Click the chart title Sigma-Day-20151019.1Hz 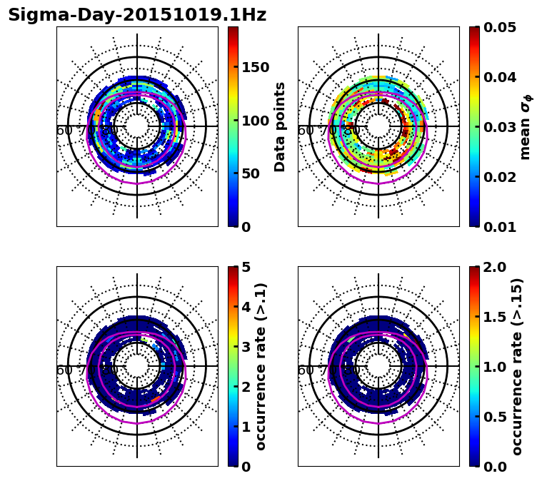pyautogui.click(x=137, y=15)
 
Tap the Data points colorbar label pyautogui.click(x=280, y=126)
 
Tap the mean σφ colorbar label pyautogui.click(x=526, y=126)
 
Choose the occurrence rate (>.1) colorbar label pyautogui.click(x=261, y=366)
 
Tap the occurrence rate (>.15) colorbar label pyautogui.click(x=518, y=366)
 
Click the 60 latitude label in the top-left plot pyautogui.click(x=64, y=131)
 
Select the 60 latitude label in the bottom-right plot pyautogui.click(x=305, y=370)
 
